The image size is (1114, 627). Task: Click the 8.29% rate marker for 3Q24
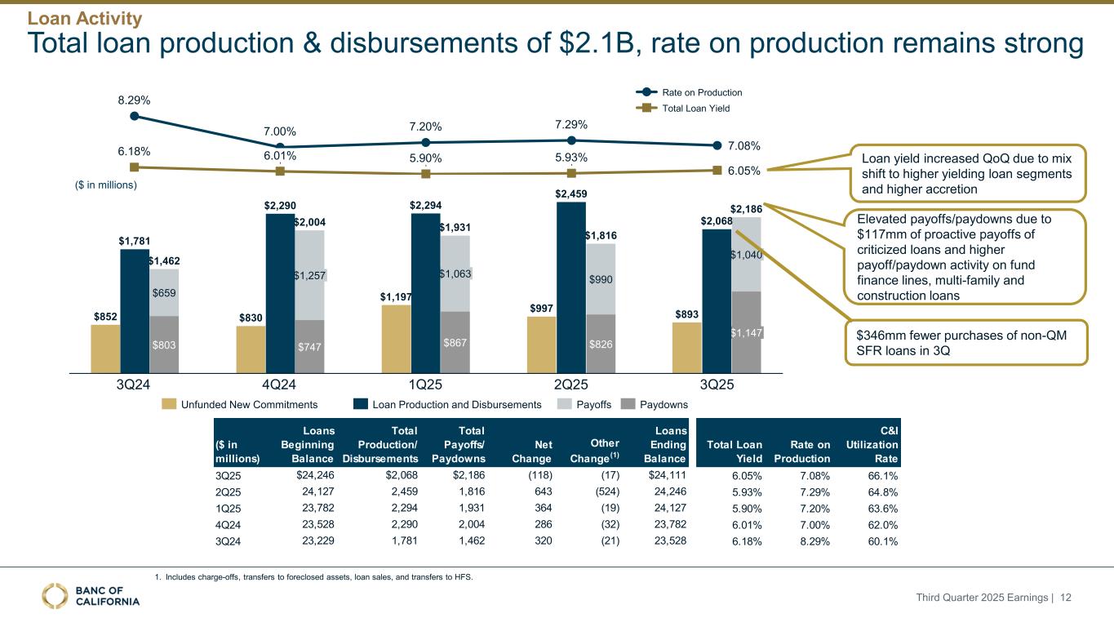tap(135, 116)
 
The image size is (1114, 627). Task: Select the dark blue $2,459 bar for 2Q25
tap(571, 286)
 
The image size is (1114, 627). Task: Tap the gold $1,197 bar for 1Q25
tap(396, 339)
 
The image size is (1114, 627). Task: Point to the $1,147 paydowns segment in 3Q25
tap(746, 332)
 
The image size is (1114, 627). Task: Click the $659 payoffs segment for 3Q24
tap(164, 292)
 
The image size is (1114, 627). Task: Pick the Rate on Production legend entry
tap(690, 93)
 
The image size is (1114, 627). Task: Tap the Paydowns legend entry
tap(657, 404)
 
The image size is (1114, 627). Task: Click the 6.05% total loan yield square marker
tap(717, 171)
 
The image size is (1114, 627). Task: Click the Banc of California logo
tap(91, 596)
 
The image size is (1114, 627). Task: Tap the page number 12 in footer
tap(1065, 598)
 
